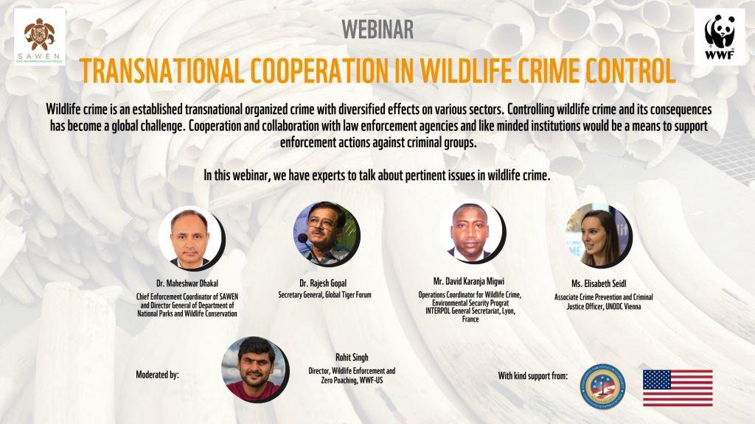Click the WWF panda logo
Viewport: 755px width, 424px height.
pos(720,37)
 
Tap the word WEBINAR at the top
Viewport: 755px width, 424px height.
pos(377,29)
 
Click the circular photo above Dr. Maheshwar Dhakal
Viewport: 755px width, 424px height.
pos(191,238)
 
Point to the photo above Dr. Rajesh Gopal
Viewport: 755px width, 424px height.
pos(326,234)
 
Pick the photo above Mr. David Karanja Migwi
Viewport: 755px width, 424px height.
pos(472,231)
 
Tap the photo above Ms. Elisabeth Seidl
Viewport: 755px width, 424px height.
pos(599,235)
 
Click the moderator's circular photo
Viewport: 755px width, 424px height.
pos(254,370)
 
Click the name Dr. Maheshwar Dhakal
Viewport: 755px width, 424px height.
pos(187,283)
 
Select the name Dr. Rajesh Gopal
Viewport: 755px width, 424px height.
pos(323,283)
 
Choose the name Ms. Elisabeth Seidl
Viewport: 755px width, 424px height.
pos(599,283)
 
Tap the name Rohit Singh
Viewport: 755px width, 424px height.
pos(352,357)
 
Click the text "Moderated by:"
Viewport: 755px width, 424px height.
pos(158,375)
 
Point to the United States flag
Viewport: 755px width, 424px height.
pos(678,388)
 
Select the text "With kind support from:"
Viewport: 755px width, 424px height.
pos(533,375)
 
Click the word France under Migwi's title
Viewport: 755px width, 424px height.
pos(470,319)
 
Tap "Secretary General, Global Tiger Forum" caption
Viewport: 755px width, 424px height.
pos(324,294)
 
